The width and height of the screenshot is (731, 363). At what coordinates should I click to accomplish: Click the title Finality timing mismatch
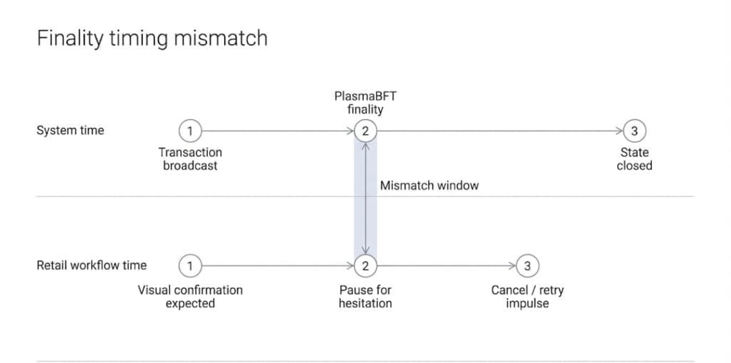pos(152,38)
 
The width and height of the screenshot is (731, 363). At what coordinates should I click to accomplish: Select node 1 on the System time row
pos(190,131)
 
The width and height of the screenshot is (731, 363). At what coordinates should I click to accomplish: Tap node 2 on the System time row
pos(365,131)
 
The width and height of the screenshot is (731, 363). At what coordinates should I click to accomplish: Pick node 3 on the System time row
pos(634,131)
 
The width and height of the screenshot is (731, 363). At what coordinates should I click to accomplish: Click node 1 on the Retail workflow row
pos(190,266)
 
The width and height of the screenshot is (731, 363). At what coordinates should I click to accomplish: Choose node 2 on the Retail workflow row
pos(365,266)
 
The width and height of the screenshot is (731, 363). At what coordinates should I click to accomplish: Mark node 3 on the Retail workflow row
pos(527,266)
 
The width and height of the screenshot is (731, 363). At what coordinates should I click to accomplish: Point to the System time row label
pos(70,131)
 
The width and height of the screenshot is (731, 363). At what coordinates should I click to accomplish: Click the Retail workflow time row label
pos(91,265)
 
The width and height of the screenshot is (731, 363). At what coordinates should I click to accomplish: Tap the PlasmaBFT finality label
pos(365,102)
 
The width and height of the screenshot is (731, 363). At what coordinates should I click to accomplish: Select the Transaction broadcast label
pos(190,159)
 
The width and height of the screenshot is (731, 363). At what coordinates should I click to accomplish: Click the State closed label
pos(634,159)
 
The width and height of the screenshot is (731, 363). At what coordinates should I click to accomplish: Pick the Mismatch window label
pos(429,186)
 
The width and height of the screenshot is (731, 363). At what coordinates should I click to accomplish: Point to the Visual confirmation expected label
pos(190,297)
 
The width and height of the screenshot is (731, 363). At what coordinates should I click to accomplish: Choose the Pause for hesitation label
pos(365,297)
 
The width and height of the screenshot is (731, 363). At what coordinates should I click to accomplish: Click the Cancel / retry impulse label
pos(527,297)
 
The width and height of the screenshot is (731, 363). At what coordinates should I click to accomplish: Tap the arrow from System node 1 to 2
pos(278,131)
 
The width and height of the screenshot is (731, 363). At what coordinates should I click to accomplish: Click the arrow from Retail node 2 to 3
pos(446,266)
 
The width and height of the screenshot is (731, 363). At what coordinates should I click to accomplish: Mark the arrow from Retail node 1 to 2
pos(278,266)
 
